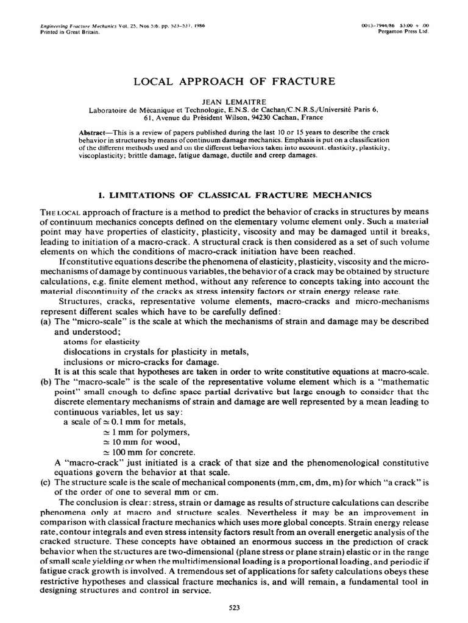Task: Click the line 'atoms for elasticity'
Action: pyautogui.click(x=101, y=341)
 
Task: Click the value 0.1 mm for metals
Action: pyautogui.click(x=135, y=421)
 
